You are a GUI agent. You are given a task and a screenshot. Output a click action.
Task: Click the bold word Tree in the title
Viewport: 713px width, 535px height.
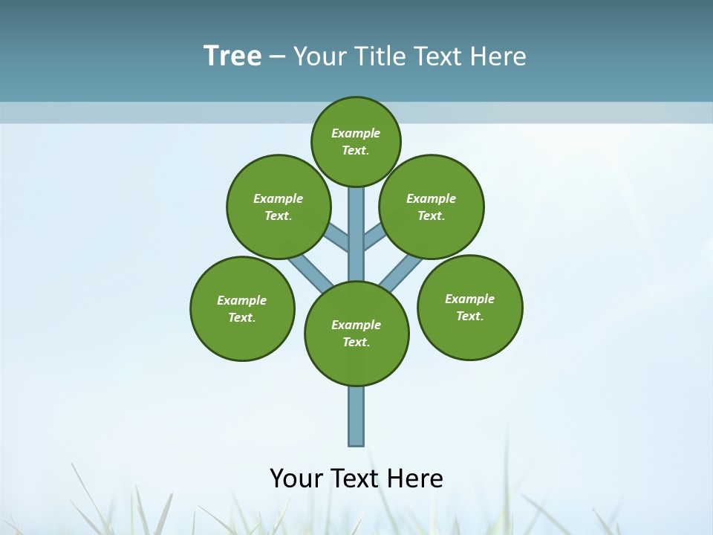[x=232, y=56]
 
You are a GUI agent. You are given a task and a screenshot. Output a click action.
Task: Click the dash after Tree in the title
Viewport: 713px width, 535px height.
[x=278, y=57]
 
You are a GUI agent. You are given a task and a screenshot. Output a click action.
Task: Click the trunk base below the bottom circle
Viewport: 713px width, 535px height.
[x=356, y=416]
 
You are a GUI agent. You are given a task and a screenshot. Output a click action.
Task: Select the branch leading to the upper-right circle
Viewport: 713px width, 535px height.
[x=374, y=238]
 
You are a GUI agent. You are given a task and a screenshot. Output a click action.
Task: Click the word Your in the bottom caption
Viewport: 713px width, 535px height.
[x=296, y=478]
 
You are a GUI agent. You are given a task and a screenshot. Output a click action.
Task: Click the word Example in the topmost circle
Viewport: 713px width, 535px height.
[x=356, y=133]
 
